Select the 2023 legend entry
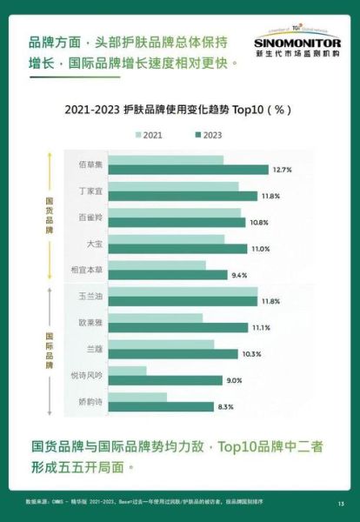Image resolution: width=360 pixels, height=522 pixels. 210,135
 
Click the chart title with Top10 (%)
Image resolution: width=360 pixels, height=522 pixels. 179,111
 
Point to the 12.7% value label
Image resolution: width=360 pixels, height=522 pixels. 282,170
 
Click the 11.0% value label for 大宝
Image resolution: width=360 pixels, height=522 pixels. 261,249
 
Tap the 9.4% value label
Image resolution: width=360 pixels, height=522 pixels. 240,275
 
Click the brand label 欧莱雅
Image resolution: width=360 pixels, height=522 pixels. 91,323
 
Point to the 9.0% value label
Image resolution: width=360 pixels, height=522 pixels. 234,381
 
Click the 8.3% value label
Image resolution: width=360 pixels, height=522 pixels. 226,407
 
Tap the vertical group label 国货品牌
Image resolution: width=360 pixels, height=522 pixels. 50,217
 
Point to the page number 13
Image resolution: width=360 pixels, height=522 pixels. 341,504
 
